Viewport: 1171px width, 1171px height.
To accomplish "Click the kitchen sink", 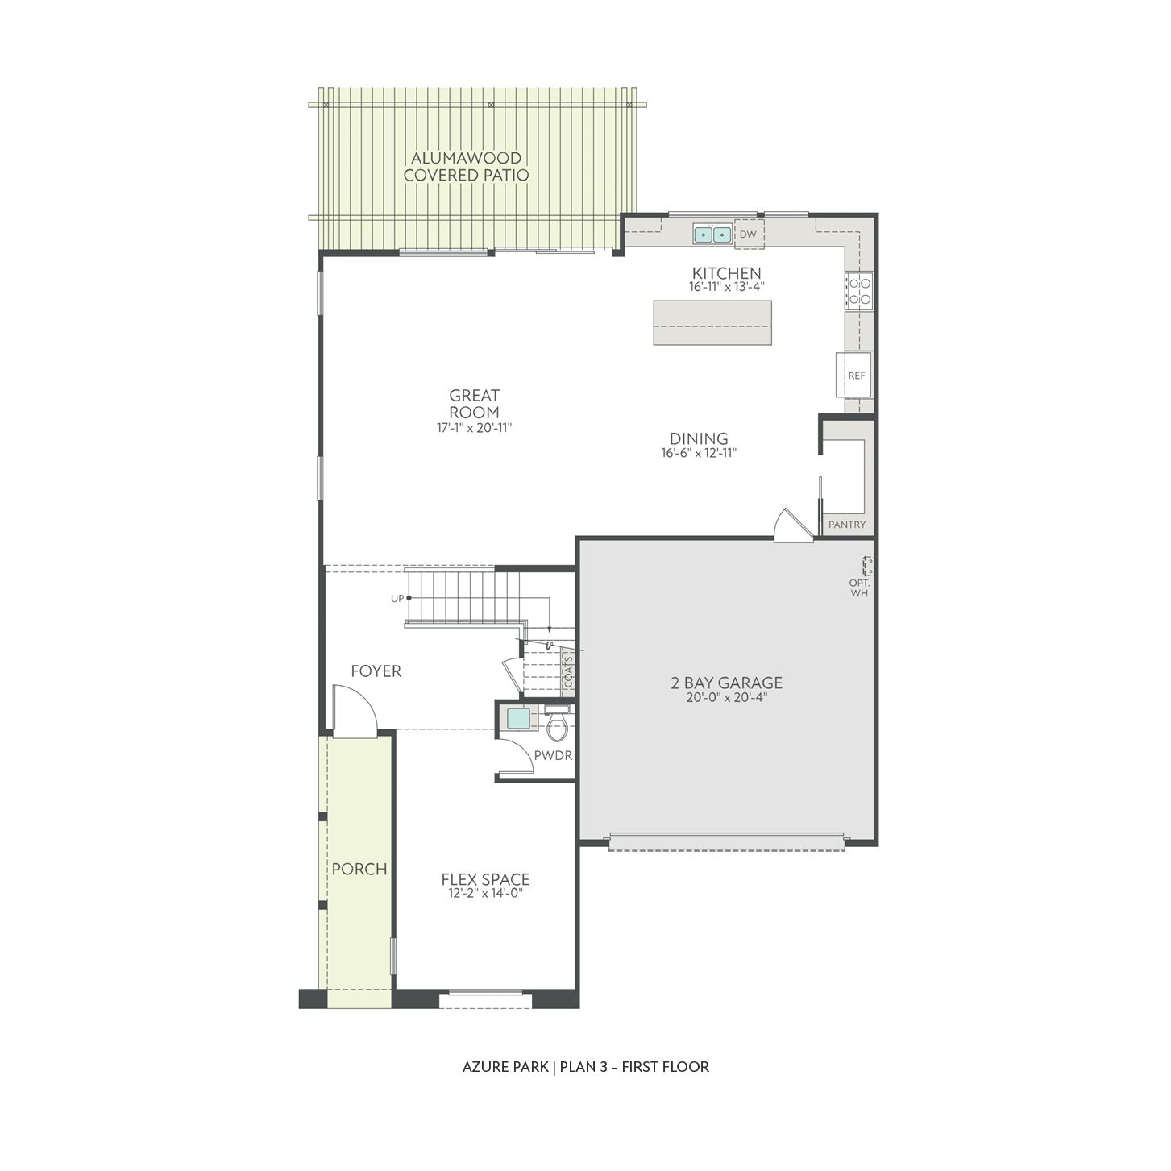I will (x=712, y=235).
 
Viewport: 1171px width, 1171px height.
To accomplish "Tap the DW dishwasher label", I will (x=748, y=235).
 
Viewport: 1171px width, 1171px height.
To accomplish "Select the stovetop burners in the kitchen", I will (x=858, y=291).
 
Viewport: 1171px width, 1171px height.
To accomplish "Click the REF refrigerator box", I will (x=855, y=376).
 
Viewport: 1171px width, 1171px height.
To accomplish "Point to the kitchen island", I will (x=712, y=322).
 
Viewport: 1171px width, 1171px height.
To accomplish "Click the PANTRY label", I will (x=846, y=525).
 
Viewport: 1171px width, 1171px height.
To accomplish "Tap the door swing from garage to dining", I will (x=791, y=525).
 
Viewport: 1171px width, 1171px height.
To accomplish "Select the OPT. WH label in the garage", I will (x=859, y=588).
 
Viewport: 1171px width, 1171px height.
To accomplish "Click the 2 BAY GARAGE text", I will (x=726, y=683).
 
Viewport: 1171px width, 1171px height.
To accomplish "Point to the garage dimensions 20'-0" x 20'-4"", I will (x=726, y=698).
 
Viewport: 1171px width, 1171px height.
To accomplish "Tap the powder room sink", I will (x=517, y=717).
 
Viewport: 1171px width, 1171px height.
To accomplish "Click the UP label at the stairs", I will (x=397, y=598).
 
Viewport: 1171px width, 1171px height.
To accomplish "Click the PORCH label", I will (x=359, y=869).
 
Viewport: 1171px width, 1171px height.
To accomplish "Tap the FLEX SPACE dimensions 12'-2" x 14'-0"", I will (x=485, y=894).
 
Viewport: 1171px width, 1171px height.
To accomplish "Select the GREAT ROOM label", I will (x=474, y=404).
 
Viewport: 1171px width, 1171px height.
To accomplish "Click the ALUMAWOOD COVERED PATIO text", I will (x=466, y=167).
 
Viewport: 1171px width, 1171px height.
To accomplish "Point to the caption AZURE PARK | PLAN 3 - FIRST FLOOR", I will (x=585, y=1066).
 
